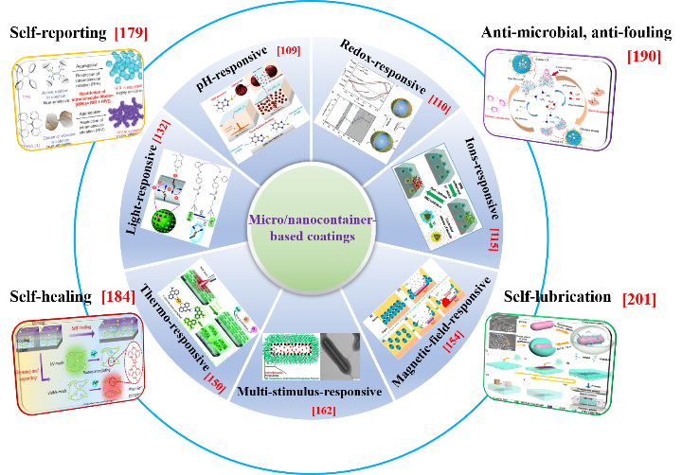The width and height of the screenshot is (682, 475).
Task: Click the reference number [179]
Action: tap(134, 34)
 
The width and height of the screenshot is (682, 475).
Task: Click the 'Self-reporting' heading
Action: tap(57, 34)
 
